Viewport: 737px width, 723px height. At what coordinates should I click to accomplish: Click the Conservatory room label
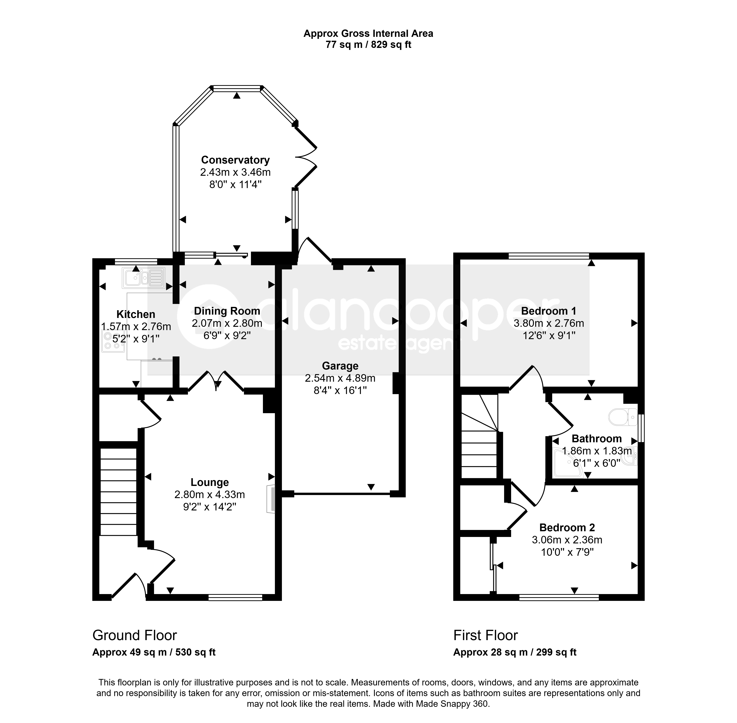235,160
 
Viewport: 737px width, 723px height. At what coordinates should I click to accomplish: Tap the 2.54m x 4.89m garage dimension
340,378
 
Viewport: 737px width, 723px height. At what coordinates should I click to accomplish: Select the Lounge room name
210,482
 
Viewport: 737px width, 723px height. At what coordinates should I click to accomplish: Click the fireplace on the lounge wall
271,499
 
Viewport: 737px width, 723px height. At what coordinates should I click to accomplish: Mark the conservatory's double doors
306,157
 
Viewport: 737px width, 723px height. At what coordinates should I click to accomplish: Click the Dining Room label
227,311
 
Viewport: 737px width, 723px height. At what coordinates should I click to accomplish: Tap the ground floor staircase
118,492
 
